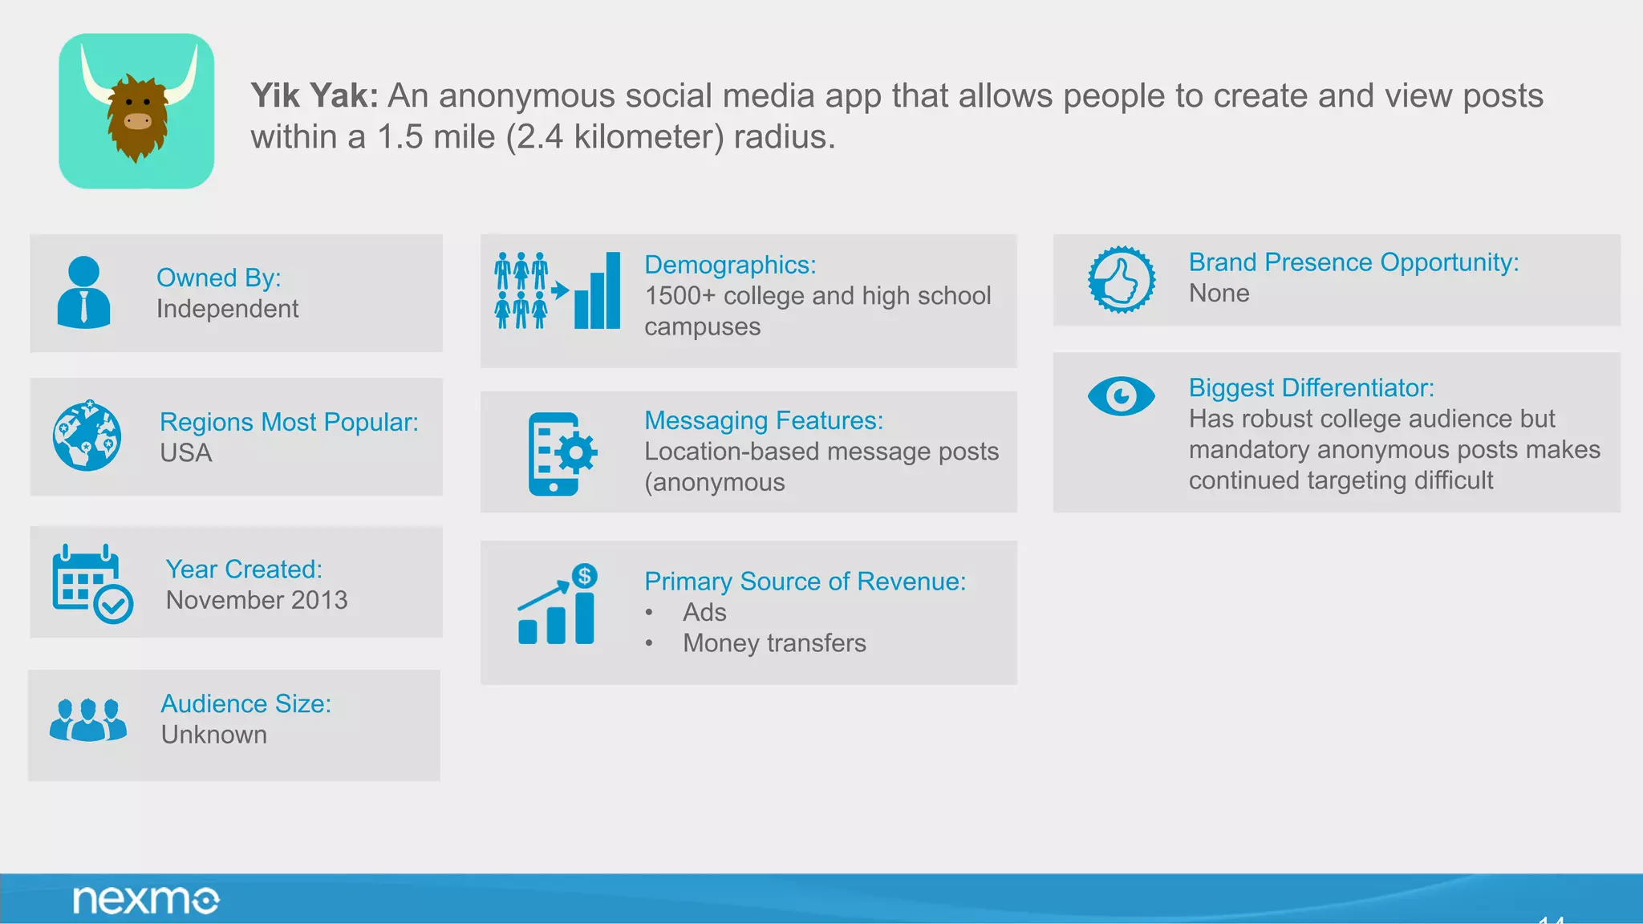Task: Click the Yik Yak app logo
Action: coord(136,111)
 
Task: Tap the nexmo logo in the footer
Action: coord(146,900)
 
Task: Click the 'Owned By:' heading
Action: coord(218,278)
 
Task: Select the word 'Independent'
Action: coord(227,309)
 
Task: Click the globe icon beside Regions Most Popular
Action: coord(87,436)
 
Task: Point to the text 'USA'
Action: coord(185,453)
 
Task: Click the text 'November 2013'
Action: coord(257,600)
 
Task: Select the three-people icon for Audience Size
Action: coord(87,719)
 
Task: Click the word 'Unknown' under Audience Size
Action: coord(213,735)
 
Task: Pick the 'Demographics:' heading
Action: coord(730,265)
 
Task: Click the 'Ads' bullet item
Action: coord(704,612)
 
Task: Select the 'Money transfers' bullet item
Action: coord(774,643)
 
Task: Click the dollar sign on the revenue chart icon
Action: coord(585,576)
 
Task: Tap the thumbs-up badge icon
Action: coord(1121,280)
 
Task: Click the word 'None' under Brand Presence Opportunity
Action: coord(1219,294)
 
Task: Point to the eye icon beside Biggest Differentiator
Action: coord(1121,395)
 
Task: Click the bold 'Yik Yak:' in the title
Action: coord(314,95)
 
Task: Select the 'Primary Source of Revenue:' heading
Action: coord(805,582)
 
